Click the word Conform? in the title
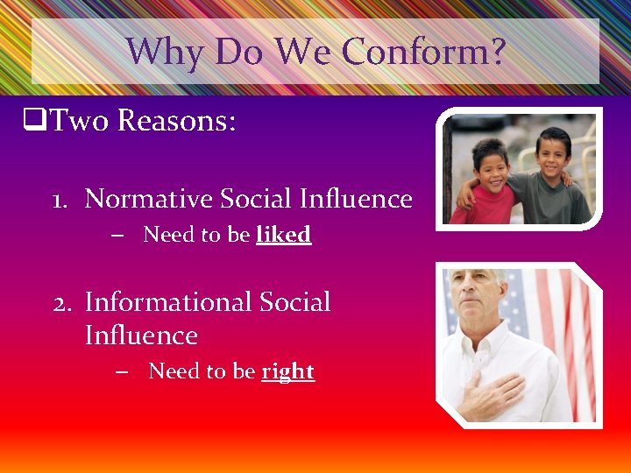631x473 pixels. coord(424,52)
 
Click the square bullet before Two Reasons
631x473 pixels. coord(35,121)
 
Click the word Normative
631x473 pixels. coord(148,199)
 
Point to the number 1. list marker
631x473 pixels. coord(61,200)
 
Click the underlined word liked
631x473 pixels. coord(283,235)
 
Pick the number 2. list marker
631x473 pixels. coord(62,303)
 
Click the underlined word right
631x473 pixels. coord(287,371)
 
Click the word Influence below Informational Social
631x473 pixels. coord(141,335)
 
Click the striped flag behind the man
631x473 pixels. coord(561,333)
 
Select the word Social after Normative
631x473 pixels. coord(253,199)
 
